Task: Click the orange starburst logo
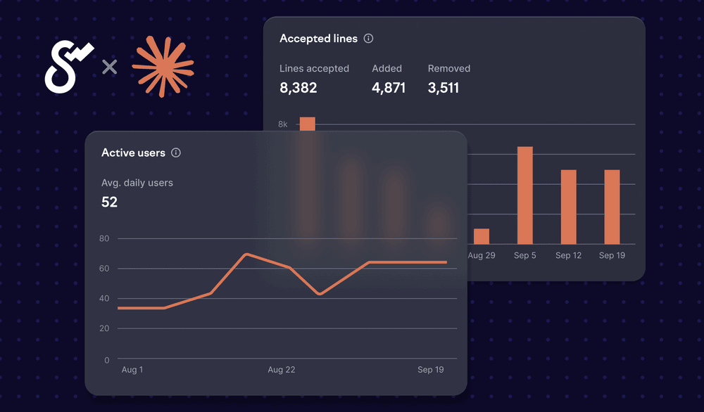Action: (163, 67)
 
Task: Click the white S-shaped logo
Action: (68, 67)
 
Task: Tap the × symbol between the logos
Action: (109, 67)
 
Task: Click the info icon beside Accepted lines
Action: (368, 39)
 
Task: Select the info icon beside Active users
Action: (176, 153)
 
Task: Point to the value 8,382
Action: (298, 88)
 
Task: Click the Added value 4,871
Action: (389, 88)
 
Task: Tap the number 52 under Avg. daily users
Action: (109, 202)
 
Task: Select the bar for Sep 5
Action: (525, 195)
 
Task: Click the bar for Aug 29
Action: (482, 236)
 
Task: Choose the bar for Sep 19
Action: (612, 207)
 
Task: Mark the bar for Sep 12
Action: (568, 207)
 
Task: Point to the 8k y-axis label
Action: (283, 124)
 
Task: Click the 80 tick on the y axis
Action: (104, 238)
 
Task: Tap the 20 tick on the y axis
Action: (104, 328)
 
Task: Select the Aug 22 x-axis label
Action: (281, 370)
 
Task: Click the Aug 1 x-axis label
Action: (132, 370)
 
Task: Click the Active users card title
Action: (133, 153)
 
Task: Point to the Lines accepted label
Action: (314, 68)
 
